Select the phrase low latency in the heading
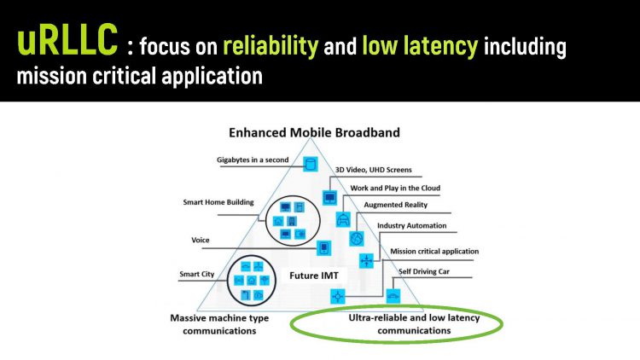tap(418, 46)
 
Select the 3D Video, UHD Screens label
tap(387, 170)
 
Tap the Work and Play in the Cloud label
tap(396, 188)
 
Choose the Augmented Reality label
tap(396, 206)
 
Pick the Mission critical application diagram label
tap(434, 252)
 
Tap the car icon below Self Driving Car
tap(393, 296)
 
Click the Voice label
tap(201, 241)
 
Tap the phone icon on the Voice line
tap(323, 248)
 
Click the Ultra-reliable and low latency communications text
tap(414, 323)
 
